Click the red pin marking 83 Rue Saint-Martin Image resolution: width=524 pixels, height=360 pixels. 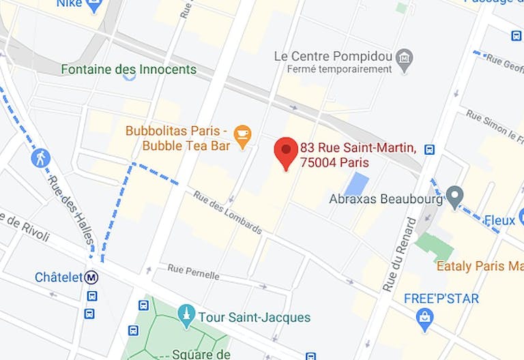(285, 151)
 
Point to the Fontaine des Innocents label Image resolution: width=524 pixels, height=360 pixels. (128, 70)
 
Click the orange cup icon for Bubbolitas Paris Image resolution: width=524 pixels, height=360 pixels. (242, 134)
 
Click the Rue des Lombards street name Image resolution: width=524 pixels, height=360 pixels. (227, 211)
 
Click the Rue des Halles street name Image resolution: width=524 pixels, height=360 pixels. (70, 205)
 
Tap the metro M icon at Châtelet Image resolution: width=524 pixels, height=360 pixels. (91, 277)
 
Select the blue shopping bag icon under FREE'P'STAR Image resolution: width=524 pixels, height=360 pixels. (425, 316)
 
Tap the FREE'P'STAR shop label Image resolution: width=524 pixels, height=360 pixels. (441, 299)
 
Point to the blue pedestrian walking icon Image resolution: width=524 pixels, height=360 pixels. (41, 158)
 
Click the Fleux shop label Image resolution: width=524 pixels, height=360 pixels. (499, 220)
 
